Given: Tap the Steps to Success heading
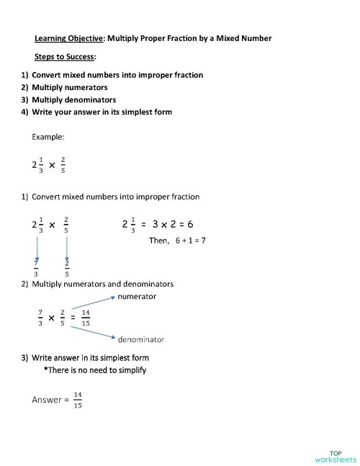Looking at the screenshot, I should tap(65, 56).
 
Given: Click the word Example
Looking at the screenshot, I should tap(48, 136).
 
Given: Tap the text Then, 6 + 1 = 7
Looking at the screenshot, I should tap(177, 240).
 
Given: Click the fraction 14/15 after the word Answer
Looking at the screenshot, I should tap(77, 400).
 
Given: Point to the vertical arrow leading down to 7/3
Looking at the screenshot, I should tap(37, 248).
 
